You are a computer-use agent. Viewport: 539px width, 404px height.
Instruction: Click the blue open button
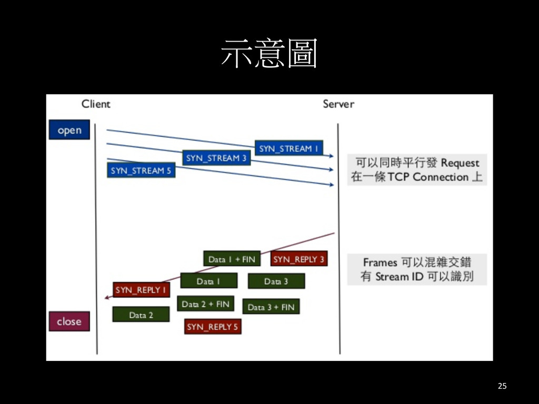[x=69, y=130]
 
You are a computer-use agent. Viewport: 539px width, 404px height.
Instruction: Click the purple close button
[x=69, y=321]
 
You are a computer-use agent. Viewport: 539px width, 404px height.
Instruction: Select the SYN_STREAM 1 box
[x=289, y=149]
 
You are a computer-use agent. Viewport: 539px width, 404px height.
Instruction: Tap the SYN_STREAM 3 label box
[x=216, y=158]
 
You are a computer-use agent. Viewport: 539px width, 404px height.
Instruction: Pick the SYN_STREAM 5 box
[x=141, y=170]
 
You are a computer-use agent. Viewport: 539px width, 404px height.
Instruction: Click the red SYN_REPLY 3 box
[x=298, y=259]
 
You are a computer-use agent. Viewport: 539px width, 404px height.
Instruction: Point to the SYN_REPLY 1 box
[x=141, y=290]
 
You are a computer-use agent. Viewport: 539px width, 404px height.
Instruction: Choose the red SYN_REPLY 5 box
[x=213, y=327]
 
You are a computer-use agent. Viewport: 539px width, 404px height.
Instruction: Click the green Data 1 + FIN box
[x=232, y=259]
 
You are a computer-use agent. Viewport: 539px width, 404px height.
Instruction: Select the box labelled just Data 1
[x=208, y=281]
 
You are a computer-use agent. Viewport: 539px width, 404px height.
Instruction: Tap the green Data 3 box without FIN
[x=276, y=281]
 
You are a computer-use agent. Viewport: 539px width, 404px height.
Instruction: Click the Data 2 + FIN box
[x=206, y=304]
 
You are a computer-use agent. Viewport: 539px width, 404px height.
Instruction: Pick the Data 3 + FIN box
[x=271, y=307]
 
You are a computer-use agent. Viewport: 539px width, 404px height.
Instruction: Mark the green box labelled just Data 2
[x=141, y=315]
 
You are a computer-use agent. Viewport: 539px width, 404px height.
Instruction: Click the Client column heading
[x=96, y=104]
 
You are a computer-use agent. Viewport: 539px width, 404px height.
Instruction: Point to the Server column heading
[x=338, y=104]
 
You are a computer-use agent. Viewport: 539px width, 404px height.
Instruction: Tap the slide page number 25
[x=502, y=387]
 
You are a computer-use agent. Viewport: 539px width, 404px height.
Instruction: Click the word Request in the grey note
[x=460, y=163]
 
